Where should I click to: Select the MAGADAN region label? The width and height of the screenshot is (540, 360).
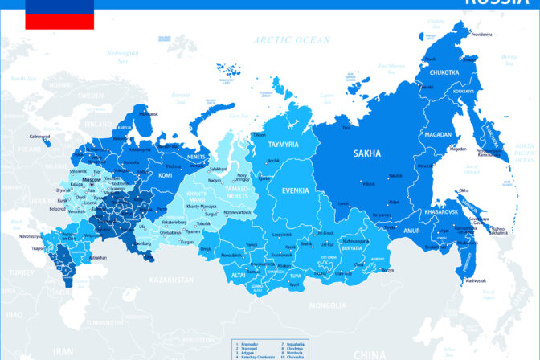click(x=439, y=134)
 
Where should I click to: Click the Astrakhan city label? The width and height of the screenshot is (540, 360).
click(x=98, y=257)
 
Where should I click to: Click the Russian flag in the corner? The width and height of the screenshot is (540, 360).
click(x=59, y=14)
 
